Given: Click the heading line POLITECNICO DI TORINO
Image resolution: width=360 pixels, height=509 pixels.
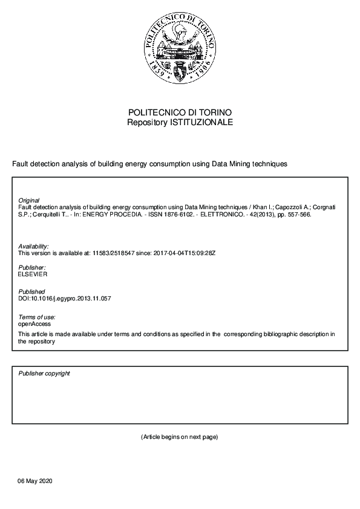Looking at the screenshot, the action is (180, 113).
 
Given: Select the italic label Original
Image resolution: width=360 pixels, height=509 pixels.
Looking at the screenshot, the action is (29, 200).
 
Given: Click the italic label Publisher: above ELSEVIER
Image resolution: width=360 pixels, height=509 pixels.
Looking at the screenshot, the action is (32, 267).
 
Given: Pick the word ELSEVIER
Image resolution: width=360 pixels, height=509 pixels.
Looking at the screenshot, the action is (33, 274).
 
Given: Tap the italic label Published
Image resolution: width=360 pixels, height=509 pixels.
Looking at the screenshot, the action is (31, 292).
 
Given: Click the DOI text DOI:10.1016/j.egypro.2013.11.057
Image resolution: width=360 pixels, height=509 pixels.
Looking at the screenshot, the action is (65, 299).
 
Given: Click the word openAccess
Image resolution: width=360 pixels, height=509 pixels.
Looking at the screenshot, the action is (34, 324).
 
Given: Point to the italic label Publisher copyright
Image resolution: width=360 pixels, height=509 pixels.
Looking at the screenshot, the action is (44, 374).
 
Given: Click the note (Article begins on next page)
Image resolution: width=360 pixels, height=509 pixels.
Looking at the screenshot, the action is (179, 436).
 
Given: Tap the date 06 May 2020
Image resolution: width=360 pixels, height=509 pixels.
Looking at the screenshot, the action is (36, 481).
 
